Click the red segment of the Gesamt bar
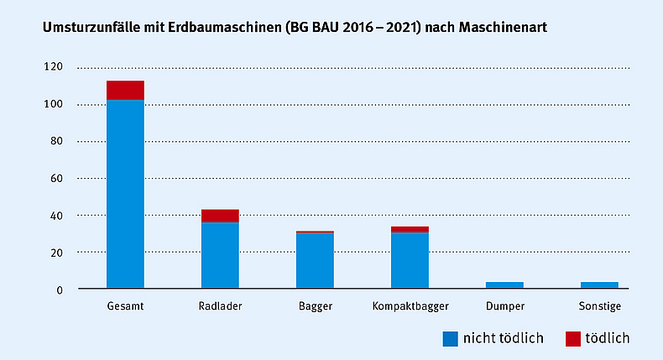click(x=125, y=90)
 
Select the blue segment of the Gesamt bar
click(x=125, y=194)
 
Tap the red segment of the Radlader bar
click(x=220, y=216)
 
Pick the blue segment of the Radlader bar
click(x=220, y=256)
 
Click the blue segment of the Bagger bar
click(x=315, y=261)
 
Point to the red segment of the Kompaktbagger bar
click(x=410, y=229)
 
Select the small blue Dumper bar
click(x=504, y=285)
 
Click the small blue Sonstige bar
click(x=599, y=285)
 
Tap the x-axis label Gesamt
click(x=125, y=306)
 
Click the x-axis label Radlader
click(x=220, y=306)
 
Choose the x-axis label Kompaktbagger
click(x=410, y=306)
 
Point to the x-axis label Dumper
click(x=504, y=306)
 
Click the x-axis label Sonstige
click(x=599, y=306)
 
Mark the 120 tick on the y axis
click(x=55, y=67)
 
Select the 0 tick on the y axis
click(x=60, y=290)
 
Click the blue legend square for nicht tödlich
click(x=452, y=339)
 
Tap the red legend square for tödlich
click(x=572, y=339)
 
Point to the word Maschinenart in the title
click(x=509, y=28)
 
